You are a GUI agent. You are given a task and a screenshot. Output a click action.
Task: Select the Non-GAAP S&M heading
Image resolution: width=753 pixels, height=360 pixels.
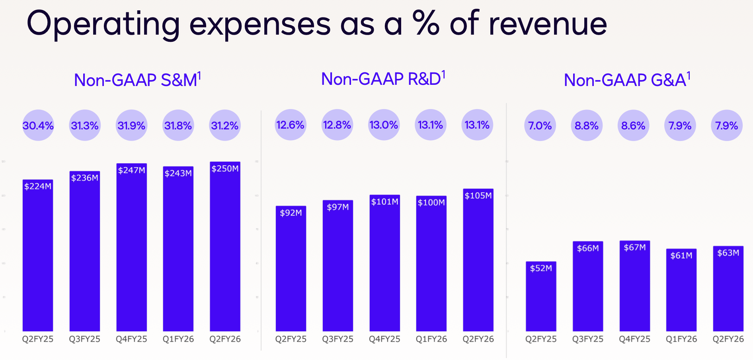[137, 80]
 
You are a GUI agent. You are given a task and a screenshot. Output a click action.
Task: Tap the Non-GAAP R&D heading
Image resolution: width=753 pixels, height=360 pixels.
[383, 79]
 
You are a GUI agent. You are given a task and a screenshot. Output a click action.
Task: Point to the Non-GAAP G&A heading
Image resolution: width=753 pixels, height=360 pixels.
[627, 80]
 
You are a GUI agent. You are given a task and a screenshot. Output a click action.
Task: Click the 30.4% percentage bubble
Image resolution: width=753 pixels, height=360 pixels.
[38, 125]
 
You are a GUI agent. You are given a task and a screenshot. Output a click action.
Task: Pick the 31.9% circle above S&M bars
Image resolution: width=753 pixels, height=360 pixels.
[131, 125]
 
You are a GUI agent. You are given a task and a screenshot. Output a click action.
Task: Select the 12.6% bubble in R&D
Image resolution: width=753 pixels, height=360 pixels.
[291, 125]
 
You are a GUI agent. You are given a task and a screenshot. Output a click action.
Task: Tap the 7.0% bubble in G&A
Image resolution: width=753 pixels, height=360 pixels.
[540, 125]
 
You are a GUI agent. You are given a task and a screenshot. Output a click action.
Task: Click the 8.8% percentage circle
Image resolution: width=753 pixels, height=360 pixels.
[587, 125]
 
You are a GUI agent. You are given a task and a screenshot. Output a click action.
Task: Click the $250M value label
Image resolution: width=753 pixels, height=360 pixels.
[225, 168]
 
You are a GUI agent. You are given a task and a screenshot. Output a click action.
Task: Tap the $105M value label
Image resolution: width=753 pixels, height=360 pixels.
[478, 196]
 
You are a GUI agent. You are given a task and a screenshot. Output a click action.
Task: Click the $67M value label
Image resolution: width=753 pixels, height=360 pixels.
[634, 247]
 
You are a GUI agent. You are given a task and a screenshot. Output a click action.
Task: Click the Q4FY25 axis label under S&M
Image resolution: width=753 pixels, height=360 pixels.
[131, 339]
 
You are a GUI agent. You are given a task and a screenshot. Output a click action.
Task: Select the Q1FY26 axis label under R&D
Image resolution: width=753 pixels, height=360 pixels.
[431, 339]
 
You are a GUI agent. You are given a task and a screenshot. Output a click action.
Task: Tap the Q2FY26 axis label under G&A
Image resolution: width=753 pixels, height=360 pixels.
[728, 339]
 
